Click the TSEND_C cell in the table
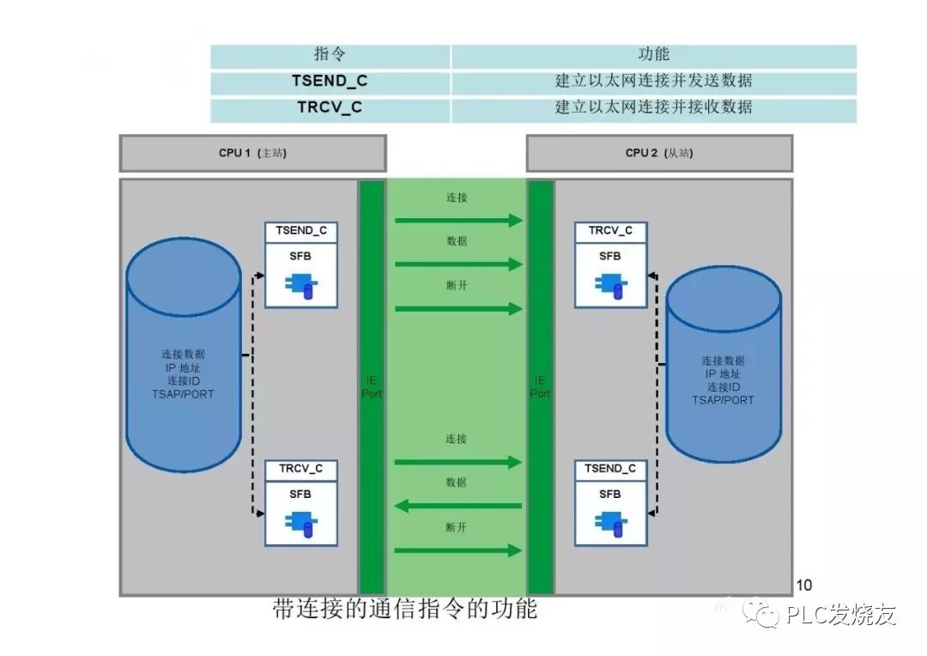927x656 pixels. pyautogui.click(x=330, y=82)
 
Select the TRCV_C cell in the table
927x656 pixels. pyautogui.click(x=330, y=108)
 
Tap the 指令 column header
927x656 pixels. pyautogui.click(x=330, y=55)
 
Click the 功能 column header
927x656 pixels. pyautogui.click(x=653, y=55)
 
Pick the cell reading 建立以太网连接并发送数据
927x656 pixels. pyautogui.click(x=653, y=82)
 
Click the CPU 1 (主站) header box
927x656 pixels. pyautogui.click(x=252, y=154)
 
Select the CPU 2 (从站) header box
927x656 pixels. pyautogui.click(x=658, y=154)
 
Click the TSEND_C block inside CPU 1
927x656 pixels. pyautogui.click(x=300, y=264)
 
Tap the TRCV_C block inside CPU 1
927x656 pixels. pyautogui.click(x=300, y=503)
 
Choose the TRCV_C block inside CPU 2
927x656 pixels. pyautogui.click(x=610, y=264)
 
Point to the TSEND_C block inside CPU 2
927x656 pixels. pyautogui.click(x=610, y=503)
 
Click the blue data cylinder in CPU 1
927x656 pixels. pyautogui.click(x=183, y=355)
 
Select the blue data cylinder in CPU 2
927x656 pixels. pyautogui.click(x=724, y=365)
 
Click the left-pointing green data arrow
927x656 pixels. pyautogui.click(x=458, y=506)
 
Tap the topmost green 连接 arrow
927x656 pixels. pyautogui.click(x=458, y=221)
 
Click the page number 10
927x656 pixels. pyautogui.click(x=804, y=586)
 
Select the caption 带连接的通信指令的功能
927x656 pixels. pyautogui.click(x=404, y=610)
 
